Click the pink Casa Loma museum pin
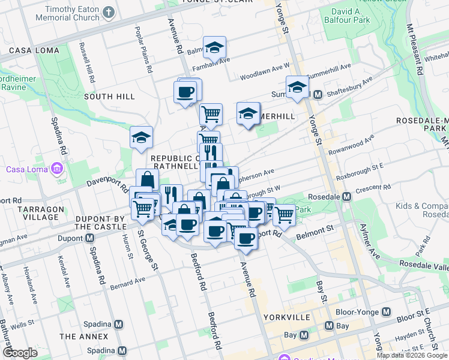coord(57,169)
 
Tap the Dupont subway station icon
coord(90,238)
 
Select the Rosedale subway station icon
coord(347,197)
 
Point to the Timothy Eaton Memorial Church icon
coord(109,12)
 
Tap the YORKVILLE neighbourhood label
coord(286,317)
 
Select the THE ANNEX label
coord(84,337)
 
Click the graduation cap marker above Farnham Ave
coord(214,48)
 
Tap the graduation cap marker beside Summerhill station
coord(297,88)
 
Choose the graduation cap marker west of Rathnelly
coord(141,137)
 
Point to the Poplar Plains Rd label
coord(144,50)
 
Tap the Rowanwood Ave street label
coord(351,142)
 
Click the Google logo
coord(20,353)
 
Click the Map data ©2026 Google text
coord(412,355)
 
